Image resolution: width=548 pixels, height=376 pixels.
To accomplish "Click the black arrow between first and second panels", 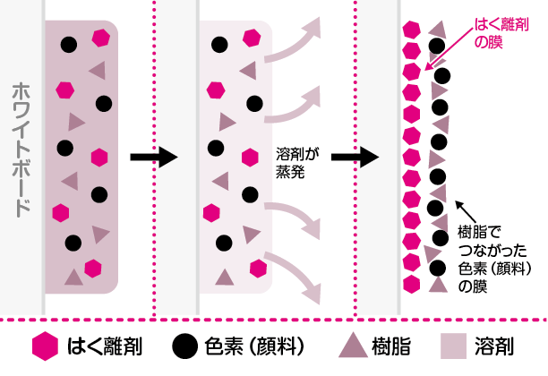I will click(x=153, y=158).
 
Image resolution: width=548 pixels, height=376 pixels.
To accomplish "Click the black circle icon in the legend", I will click(x=184, y=346).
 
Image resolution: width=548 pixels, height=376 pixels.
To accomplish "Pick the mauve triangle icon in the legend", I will click(x=354, y=346).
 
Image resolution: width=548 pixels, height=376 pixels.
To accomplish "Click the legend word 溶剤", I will click(x=500, y=346).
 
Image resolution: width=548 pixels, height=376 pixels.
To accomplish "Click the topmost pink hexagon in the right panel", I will click(x=412, y=28).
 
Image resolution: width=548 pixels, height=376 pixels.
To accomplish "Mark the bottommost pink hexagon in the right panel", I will click(x=412, y=283).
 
